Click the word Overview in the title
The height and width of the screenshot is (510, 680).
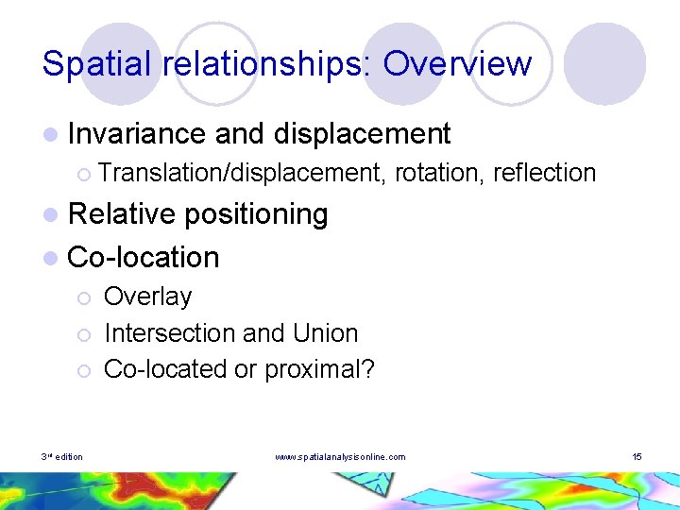pyautogui.click(x=457, y=64)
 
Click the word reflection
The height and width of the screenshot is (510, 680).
pyautogui.click(x=544, y=173)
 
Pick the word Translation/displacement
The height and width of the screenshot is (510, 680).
pyautogui.click(x=242, y=173)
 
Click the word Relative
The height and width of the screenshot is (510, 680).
pyautogui.click(x=122, y=214)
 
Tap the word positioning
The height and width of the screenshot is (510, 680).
pyautogui.click(x=256, y=215)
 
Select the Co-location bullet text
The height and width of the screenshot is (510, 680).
pyautogui.click(x=144, y=257)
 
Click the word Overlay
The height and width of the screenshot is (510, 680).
pyautogui.click(x=147, y=297)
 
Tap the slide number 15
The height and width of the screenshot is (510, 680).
pyautogui.click(x=637, y=457)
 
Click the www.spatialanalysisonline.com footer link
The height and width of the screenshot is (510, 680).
pyautogui.click(x=340, y=457)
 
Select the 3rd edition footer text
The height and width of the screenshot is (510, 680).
pyautogui.click(x=61, y=457)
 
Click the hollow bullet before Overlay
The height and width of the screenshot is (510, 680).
pyautogui.click(x=84, y=298)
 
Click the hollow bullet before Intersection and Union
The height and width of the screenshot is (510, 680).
pyautogui.click(x=84, y=335)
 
